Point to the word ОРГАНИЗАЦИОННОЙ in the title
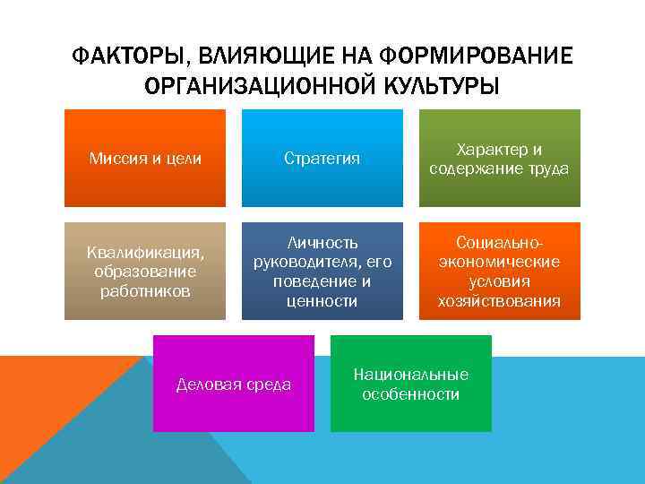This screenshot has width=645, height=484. (252, 87)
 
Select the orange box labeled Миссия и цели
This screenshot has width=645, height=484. (145, 159)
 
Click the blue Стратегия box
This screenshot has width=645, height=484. (322, 159)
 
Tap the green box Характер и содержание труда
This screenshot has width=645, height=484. (499, 159)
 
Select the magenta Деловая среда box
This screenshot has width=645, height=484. (234, 384)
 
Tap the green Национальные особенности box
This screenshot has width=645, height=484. (411, 384)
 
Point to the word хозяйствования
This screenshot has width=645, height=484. (499, 301)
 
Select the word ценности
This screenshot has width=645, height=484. (322, 301)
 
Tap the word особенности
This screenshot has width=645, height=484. (411, 394)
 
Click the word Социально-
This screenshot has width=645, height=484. (499, 243)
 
